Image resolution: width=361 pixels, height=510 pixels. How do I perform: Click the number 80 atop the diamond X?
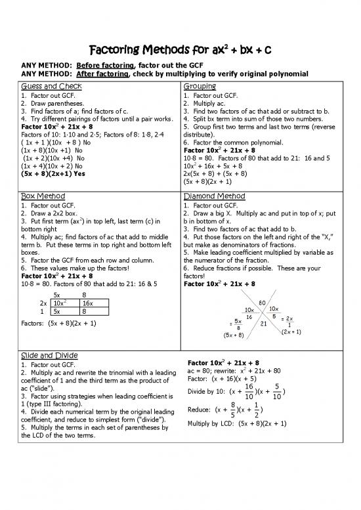[263, 303]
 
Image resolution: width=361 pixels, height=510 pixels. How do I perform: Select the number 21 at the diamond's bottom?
[264, 323]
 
